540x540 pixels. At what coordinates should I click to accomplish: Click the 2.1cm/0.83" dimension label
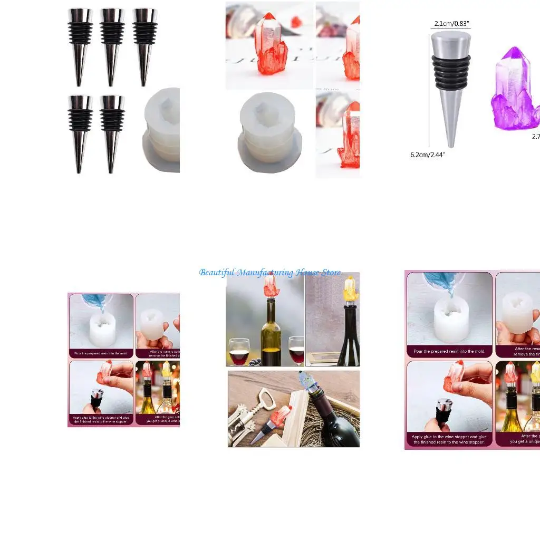452,24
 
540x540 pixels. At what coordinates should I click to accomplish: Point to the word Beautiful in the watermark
217,273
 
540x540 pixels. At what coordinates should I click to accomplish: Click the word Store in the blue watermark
331,273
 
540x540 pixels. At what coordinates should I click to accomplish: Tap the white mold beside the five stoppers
162,129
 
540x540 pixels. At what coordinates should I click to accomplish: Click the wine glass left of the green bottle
239,351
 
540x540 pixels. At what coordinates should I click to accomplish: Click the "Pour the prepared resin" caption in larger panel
449,351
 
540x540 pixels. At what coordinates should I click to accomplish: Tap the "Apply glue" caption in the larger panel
449,439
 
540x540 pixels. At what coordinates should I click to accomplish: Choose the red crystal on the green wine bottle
271,287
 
